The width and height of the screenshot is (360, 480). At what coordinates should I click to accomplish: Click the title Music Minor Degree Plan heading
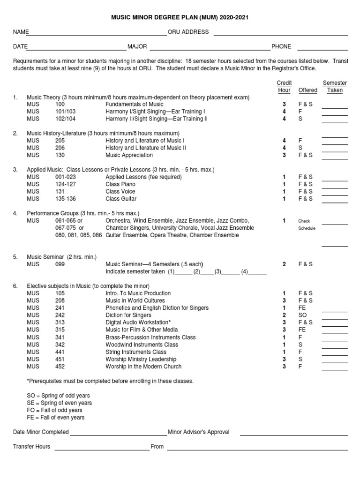tap(180, 17)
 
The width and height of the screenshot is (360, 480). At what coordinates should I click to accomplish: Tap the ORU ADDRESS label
tap(188, 32)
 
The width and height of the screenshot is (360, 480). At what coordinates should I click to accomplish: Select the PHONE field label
tap(281, 46)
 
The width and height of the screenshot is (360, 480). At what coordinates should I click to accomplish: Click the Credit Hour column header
tap(284, 87)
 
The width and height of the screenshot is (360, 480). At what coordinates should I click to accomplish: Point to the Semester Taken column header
tap(335, 87)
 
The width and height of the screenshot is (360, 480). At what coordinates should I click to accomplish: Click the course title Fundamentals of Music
tap(135, 104)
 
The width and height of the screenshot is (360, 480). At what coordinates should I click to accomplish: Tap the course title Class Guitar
tap(120, 199)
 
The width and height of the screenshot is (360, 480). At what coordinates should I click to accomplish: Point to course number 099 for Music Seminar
tap(60, 264)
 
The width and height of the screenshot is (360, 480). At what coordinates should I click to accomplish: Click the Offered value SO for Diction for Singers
tap(303, 315)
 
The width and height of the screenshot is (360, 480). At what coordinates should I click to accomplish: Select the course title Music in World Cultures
tap(135, 300)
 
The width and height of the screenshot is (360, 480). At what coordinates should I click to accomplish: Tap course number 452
tap(60, 367)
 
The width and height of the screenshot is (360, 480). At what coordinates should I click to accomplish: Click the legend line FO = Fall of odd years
tap(54, 410)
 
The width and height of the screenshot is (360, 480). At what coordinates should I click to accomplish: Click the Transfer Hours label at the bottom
tap(31, 447)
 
